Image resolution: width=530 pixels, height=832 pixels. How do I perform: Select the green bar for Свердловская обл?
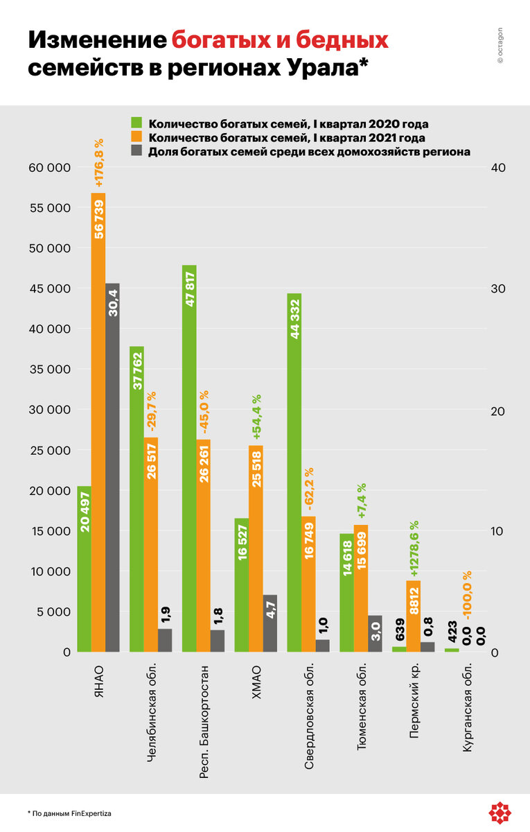coord(294,472)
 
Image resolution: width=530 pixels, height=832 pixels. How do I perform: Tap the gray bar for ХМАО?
coord(270,623)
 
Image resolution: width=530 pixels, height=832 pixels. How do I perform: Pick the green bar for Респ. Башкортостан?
coord(189,458)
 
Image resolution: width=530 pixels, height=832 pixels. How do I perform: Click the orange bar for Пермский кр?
coord(413,616)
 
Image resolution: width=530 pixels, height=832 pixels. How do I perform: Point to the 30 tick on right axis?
coord(497,288)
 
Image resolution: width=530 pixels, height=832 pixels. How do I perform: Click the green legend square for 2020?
coord(137,123)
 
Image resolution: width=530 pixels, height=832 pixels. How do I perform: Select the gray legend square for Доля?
coord(137,150)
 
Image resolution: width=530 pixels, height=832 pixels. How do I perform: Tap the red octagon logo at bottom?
coord(500,812)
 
